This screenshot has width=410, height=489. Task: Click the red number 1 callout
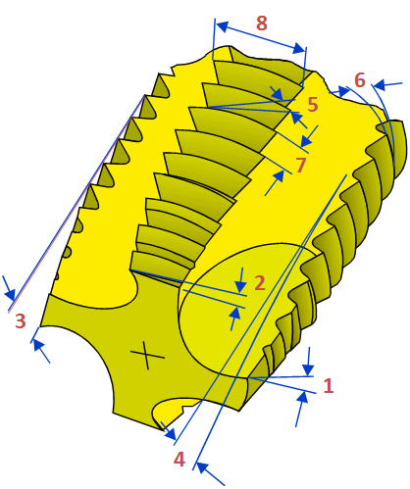tap(328, 385)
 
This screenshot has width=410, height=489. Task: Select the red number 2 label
tap(260, 283)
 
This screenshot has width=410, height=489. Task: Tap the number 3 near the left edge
tap(21, 320)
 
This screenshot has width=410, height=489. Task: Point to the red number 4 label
tap(179, 460)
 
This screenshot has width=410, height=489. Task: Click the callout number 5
tap(313, 105)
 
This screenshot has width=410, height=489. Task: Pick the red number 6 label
tap(360, 80)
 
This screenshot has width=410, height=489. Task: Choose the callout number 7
tap(301, 165)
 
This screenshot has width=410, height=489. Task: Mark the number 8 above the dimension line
tap(262, 24)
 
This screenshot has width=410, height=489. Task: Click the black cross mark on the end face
tap(147, 355)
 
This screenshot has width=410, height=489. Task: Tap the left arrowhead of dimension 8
tap(222, 26)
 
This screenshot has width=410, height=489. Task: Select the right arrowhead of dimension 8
tap(299, 48)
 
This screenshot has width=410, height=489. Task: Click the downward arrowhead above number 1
tap(308, 370)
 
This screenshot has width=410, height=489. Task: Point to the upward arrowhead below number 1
tap(303, 398)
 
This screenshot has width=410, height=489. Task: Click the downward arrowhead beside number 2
tap(240, 286)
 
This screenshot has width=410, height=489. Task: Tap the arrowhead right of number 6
tap(379, 86)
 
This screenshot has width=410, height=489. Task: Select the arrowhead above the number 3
tap(11, 295)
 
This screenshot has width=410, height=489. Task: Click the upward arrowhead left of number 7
tap(279, 176)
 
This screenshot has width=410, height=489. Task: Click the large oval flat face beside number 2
tap(242, 311)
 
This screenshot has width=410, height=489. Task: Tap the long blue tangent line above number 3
tap(77, 203)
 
